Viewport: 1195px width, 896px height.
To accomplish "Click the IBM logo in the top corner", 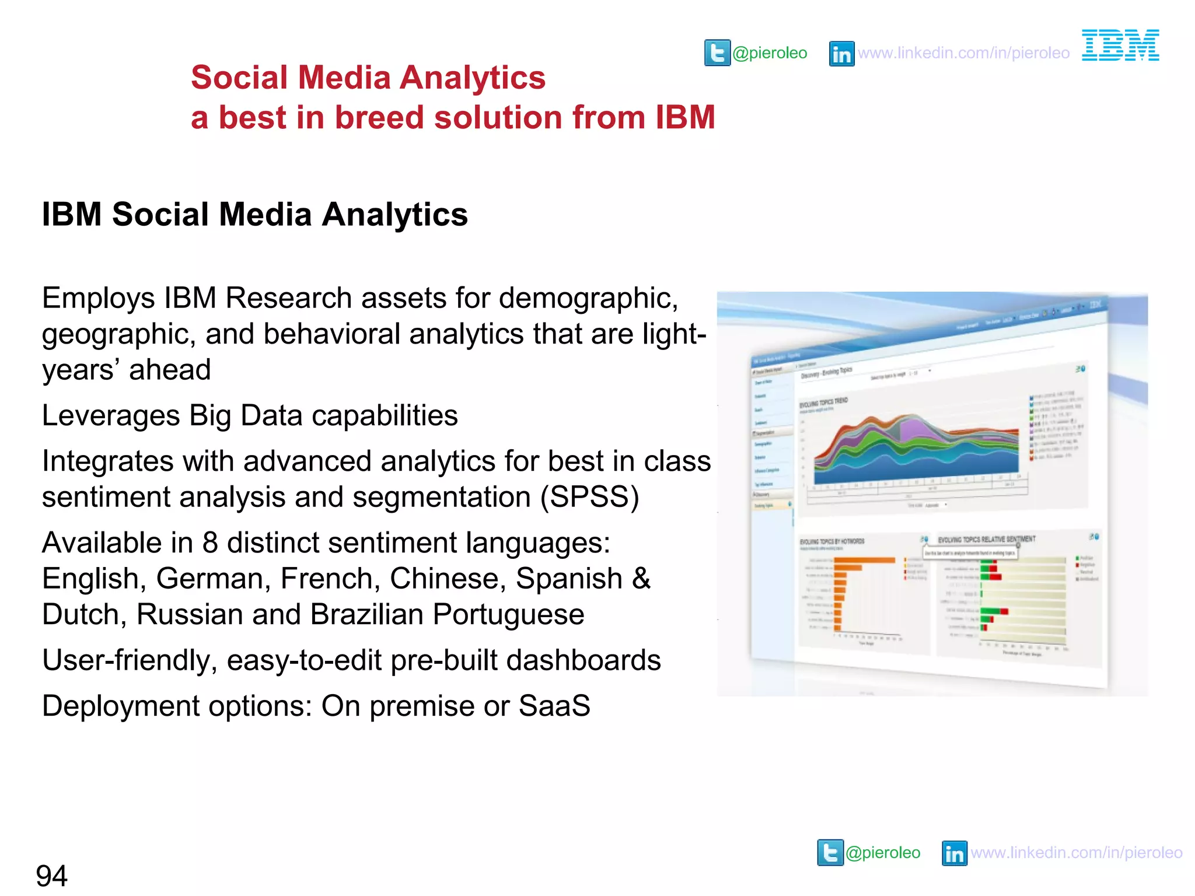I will point(1120,45).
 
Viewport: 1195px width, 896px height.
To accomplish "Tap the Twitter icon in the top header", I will point(717,53).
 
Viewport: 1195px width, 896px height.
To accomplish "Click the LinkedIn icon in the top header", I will point(841,54).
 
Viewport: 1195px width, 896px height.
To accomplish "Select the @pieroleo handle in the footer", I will point(883,853).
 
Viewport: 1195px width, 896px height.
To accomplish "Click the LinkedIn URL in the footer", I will point(1077,853).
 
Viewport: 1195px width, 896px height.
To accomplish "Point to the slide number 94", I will point(51,876).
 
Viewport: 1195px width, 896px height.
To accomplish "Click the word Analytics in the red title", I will point(473,78).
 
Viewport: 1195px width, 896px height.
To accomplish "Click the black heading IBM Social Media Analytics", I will point(254,214).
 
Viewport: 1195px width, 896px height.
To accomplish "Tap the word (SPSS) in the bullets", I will point(589,497).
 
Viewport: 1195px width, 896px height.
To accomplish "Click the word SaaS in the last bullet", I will point(554,706).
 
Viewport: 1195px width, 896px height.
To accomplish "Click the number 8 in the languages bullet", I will point(210,543).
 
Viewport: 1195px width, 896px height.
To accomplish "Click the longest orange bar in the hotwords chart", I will point(864,560).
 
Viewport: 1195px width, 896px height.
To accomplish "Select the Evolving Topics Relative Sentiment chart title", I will point(986,539).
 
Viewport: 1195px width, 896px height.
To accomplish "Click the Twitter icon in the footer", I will point(830,853).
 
